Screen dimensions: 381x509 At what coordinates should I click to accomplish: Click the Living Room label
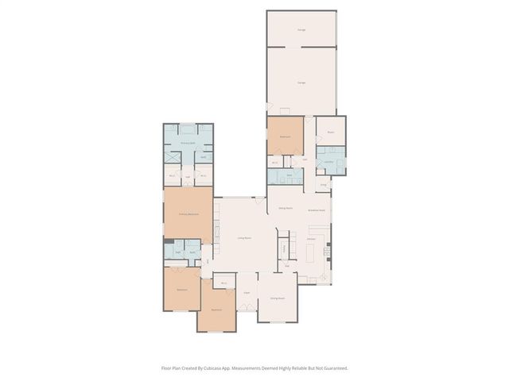244,238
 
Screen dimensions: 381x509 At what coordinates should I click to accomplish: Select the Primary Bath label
188,143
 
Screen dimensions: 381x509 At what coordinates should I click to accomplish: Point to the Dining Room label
278,298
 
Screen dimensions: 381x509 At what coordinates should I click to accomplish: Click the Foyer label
247,293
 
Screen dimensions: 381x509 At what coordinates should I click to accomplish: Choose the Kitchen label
313,238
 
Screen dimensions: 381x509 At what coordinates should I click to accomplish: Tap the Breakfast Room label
314,210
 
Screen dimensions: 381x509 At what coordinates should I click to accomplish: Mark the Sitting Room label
286,209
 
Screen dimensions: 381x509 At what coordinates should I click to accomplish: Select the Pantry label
284,248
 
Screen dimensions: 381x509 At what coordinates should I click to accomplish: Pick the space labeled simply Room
330,133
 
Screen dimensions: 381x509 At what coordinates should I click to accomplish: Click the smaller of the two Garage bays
302,29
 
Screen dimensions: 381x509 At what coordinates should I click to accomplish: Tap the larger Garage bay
302,82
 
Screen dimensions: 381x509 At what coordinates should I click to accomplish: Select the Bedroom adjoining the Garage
285,137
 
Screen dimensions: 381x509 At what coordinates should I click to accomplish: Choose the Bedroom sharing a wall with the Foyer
216,310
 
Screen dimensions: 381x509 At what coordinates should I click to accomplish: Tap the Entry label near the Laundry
324,184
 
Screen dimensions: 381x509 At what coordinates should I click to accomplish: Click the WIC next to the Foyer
224,283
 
